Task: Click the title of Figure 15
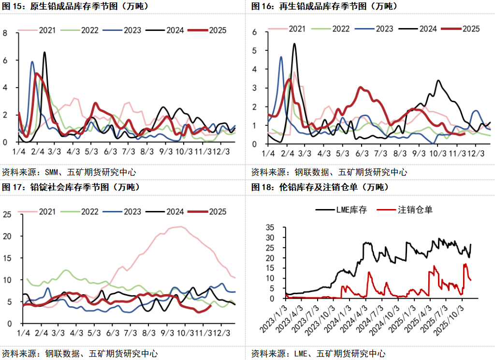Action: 75,7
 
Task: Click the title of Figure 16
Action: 324,7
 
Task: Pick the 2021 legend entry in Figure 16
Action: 289,29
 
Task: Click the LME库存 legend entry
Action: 340,210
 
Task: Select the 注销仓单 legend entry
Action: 406,210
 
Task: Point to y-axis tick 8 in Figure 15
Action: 5,33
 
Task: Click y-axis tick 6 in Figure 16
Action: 254,32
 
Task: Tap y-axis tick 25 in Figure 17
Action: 7,214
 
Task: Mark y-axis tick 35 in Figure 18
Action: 270,227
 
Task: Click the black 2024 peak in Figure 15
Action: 45,52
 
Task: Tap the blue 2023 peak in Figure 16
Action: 281,57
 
